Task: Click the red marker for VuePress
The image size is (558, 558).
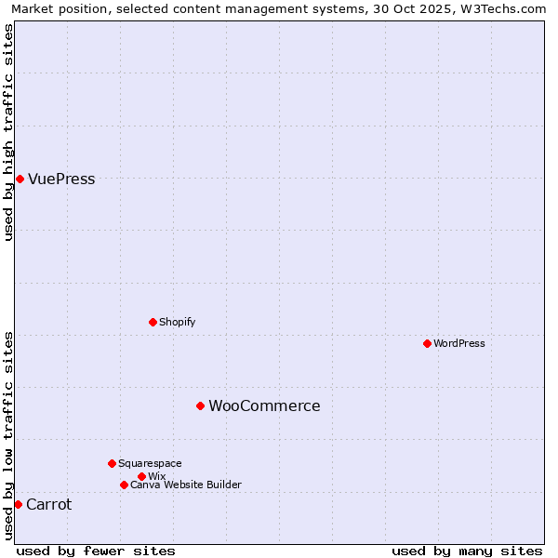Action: [20, 179]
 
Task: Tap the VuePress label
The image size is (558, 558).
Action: [61, 179]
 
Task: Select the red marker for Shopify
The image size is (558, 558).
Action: [153, 322]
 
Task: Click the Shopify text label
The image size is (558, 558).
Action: [177, 322]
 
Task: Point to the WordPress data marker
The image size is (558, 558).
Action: [427, 343]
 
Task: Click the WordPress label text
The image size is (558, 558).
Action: [458, 343]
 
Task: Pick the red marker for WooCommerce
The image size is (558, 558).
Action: [200, 405]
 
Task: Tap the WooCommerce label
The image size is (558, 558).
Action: [264, 406]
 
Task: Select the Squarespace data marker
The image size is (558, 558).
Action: [112, 463]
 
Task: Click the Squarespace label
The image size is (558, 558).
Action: [150, 463]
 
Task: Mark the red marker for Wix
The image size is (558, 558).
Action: [141, 476]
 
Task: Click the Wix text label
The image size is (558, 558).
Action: [156, 476]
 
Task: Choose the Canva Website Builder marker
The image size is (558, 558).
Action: [124, 485]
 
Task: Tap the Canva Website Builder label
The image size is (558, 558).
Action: [185, 485]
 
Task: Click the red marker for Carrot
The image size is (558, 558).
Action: [18, 504]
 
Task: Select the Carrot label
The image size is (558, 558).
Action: [48, 505]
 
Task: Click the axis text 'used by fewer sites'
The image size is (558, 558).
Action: [96, 551]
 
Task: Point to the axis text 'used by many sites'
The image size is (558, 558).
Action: [467, 551]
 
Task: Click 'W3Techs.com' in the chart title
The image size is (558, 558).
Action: [507, 8]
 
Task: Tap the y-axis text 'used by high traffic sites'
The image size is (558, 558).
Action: [8, 132]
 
